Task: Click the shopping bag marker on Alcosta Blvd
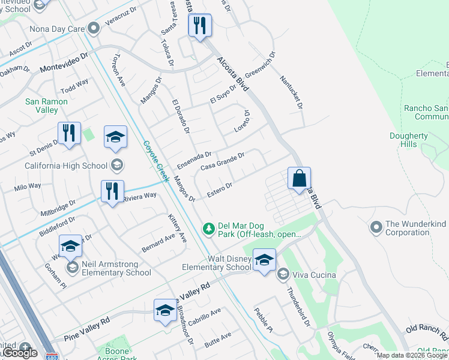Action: pos(299,179)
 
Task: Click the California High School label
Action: pos(66,166)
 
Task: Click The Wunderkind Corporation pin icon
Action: pos(376,227)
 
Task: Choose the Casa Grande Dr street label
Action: pos(222,161)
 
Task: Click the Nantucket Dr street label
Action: pos(291,92)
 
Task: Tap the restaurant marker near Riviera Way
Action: pos(112,192)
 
